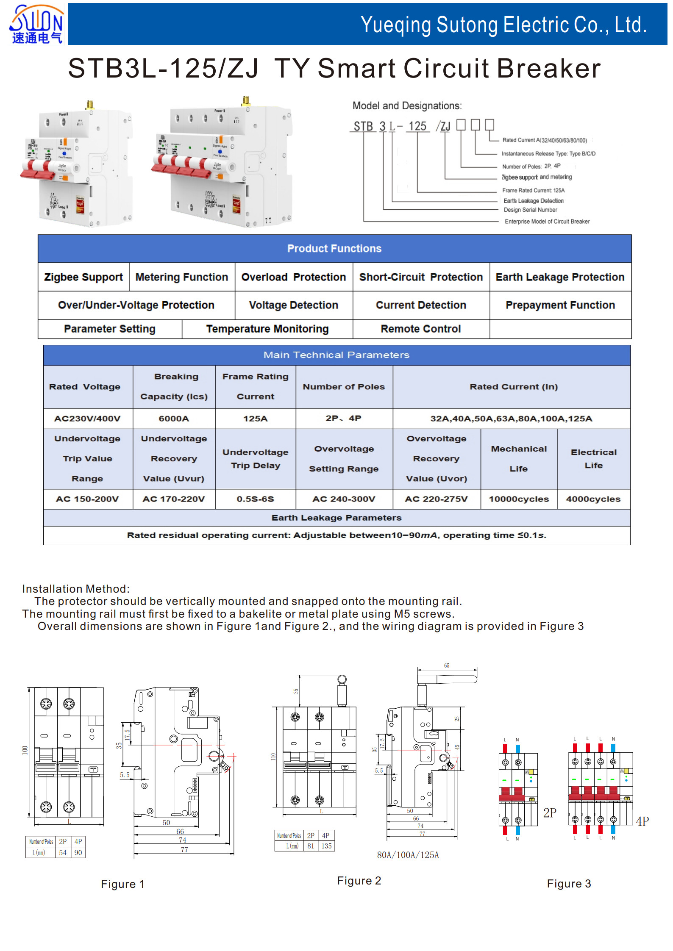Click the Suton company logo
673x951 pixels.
pos(36,24)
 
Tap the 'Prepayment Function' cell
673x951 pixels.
pos(560,305)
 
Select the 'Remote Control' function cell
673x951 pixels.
pos(420,329)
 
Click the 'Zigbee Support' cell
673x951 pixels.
pos(83,277)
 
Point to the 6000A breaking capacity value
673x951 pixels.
pos(174,419)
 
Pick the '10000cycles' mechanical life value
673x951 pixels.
pos(519,499)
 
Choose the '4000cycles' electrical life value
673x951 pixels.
pos(593,499)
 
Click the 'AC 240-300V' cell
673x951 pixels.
pos(344,499)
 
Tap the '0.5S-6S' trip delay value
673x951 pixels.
pos(255,499)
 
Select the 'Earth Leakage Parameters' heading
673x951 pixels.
pos(336,518)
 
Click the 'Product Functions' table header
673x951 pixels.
pos(334,249)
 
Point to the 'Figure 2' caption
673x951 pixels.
pos(359,881)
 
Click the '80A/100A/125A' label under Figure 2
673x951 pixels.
pos(408,855)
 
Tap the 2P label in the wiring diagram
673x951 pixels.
pos(550,813)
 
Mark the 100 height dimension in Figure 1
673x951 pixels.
pos(25,750)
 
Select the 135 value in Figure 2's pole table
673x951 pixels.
pos(326,846)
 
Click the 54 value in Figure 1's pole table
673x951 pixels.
pos(63,852)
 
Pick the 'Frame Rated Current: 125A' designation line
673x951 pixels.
pos(533,191)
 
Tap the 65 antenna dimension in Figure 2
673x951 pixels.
pos(447,665)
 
